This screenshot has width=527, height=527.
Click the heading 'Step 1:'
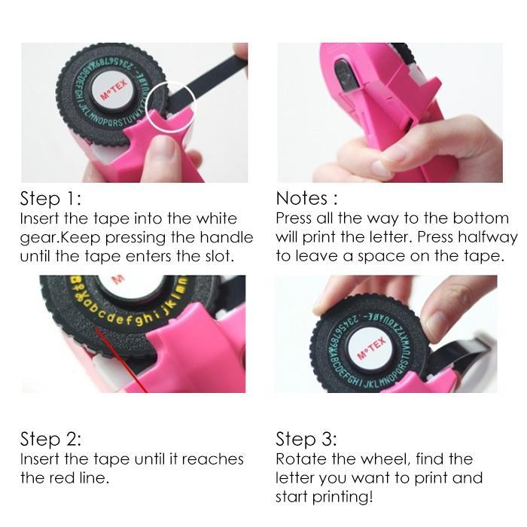[x=50, y=199]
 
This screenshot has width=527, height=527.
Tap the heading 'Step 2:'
[x=50, y=439]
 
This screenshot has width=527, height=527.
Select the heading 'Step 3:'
[x=306, y=439]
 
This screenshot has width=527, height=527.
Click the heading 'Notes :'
[x=306, y=199]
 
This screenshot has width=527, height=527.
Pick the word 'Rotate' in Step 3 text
[x=300, y=458]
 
